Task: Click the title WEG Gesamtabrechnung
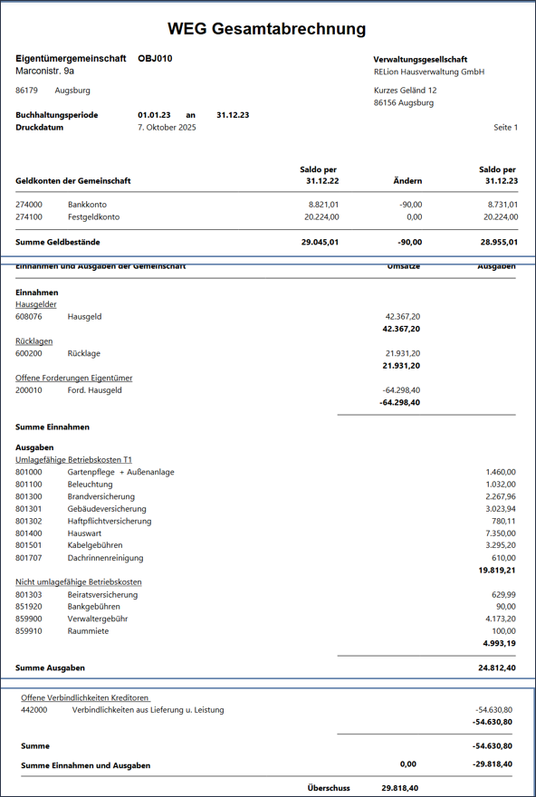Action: [267, 30]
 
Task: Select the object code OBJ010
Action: [155, 59]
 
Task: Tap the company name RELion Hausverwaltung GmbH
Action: [428, 72]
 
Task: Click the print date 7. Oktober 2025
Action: [167, 128]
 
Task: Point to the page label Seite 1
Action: [505, 128]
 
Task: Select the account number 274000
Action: [29, 205]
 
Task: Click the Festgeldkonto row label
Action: [93, 217]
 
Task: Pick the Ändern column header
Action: [407, 181]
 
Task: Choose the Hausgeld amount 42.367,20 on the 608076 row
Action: [402, 317]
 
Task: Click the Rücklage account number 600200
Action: [29, 353]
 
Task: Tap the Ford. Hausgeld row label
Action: [94, 390]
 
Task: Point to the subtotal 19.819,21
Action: [497, 571]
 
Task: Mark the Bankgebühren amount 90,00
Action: [504, 606]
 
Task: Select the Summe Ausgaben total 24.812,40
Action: [497, 667]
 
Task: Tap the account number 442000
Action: [33, 710]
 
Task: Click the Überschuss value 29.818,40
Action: [400, 788]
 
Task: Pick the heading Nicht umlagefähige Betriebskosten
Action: [79, 581]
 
